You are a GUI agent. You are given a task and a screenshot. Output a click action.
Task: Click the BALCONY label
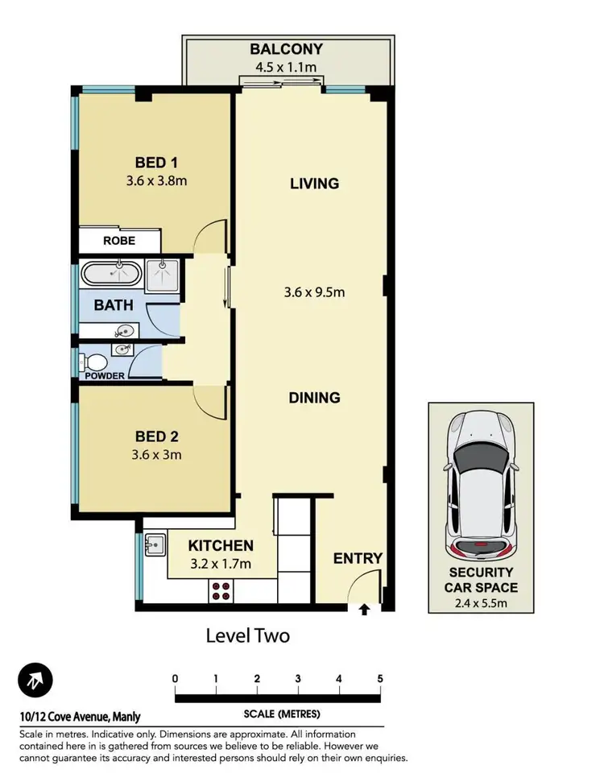coord(288,48)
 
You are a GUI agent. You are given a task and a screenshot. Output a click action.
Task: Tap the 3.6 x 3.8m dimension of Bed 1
coord(156,180)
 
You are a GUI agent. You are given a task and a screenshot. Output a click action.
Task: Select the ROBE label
coord(118,241)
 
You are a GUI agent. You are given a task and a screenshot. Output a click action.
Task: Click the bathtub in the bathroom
coord(112,274)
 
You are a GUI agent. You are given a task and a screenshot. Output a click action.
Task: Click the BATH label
coord(113,306)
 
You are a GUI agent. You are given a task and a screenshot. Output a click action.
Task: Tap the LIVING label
coord(314,184)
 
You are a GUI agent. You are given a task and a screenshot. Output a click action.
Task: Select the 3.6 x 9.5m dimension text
coord(314,292)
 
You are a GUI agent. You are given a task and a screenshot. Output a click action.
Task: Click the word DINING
coord(315,398)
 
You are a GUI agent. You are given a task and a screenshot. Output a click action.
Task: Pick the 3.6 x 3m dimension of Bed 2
coord(156,454)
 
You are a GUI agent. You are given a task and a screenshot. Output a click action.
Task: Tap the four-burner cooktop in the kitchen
coord(221,591)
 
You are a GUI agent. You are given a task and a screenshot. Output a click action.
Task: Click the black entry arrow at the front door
coord(364,610)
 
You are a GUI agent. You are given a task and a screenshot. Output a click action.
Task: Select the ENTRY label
coord(358,558)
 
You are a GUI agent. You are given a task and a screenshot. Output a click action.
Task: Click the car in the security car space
coord(481,487)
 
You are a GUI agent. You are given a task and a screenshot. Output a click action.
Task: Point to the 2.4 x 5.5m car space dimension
coord(481,602)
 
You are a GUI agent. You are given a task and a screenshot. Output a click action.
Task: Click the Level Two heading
coord(248,635)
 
